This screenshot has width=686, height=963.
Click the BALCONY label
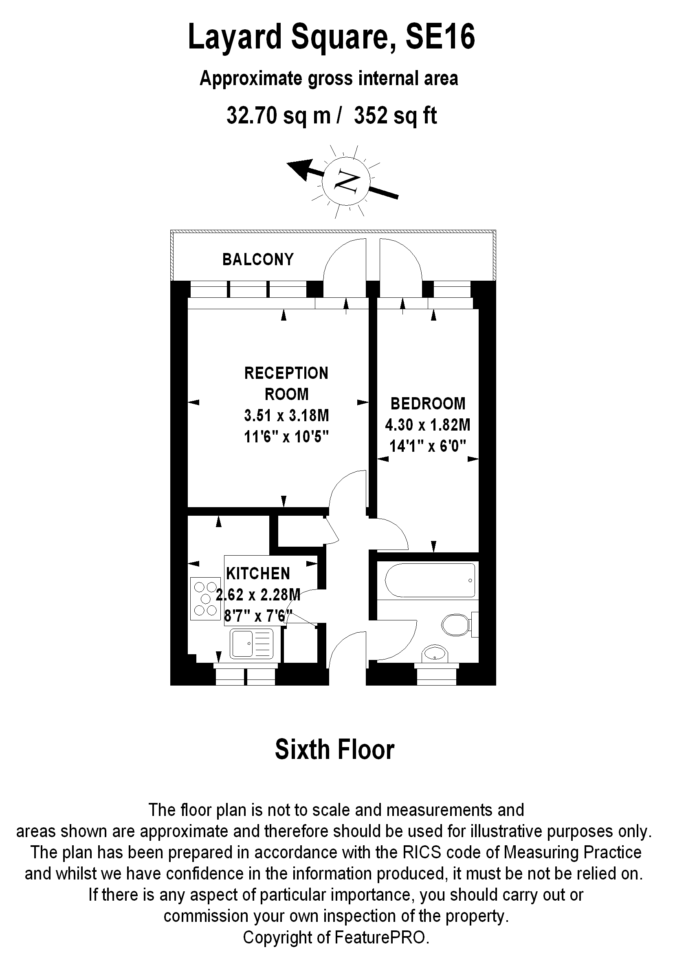(258, 259)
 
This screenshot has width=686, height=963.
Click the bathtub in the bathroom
(430, 580)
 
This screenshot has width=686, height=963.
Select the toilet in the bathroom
(457, 624)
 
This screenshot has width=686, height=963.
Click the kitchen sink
(251, 644)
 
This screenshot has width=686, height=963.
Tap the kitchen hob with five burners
(206, 598)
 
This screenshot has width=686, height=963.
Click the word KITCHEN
(258, 574)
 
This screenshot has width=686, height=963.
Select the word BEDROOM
(428, 404)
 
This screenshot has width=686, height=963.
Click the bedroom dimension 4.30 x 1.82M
(427, 425)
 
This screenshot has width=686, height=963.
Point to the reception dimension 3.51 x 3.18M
(286, 416)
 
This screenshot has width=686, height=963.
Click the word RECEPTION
(286, 374)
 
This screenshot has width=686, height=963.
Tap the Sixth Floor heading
(334, 749)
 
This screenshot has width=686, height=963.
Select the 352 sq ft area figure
(396, 115)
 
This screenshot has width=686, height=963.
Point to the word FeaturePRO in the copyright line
(382, 938)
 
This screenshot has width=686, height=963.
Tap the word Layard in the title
(235, 37)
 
